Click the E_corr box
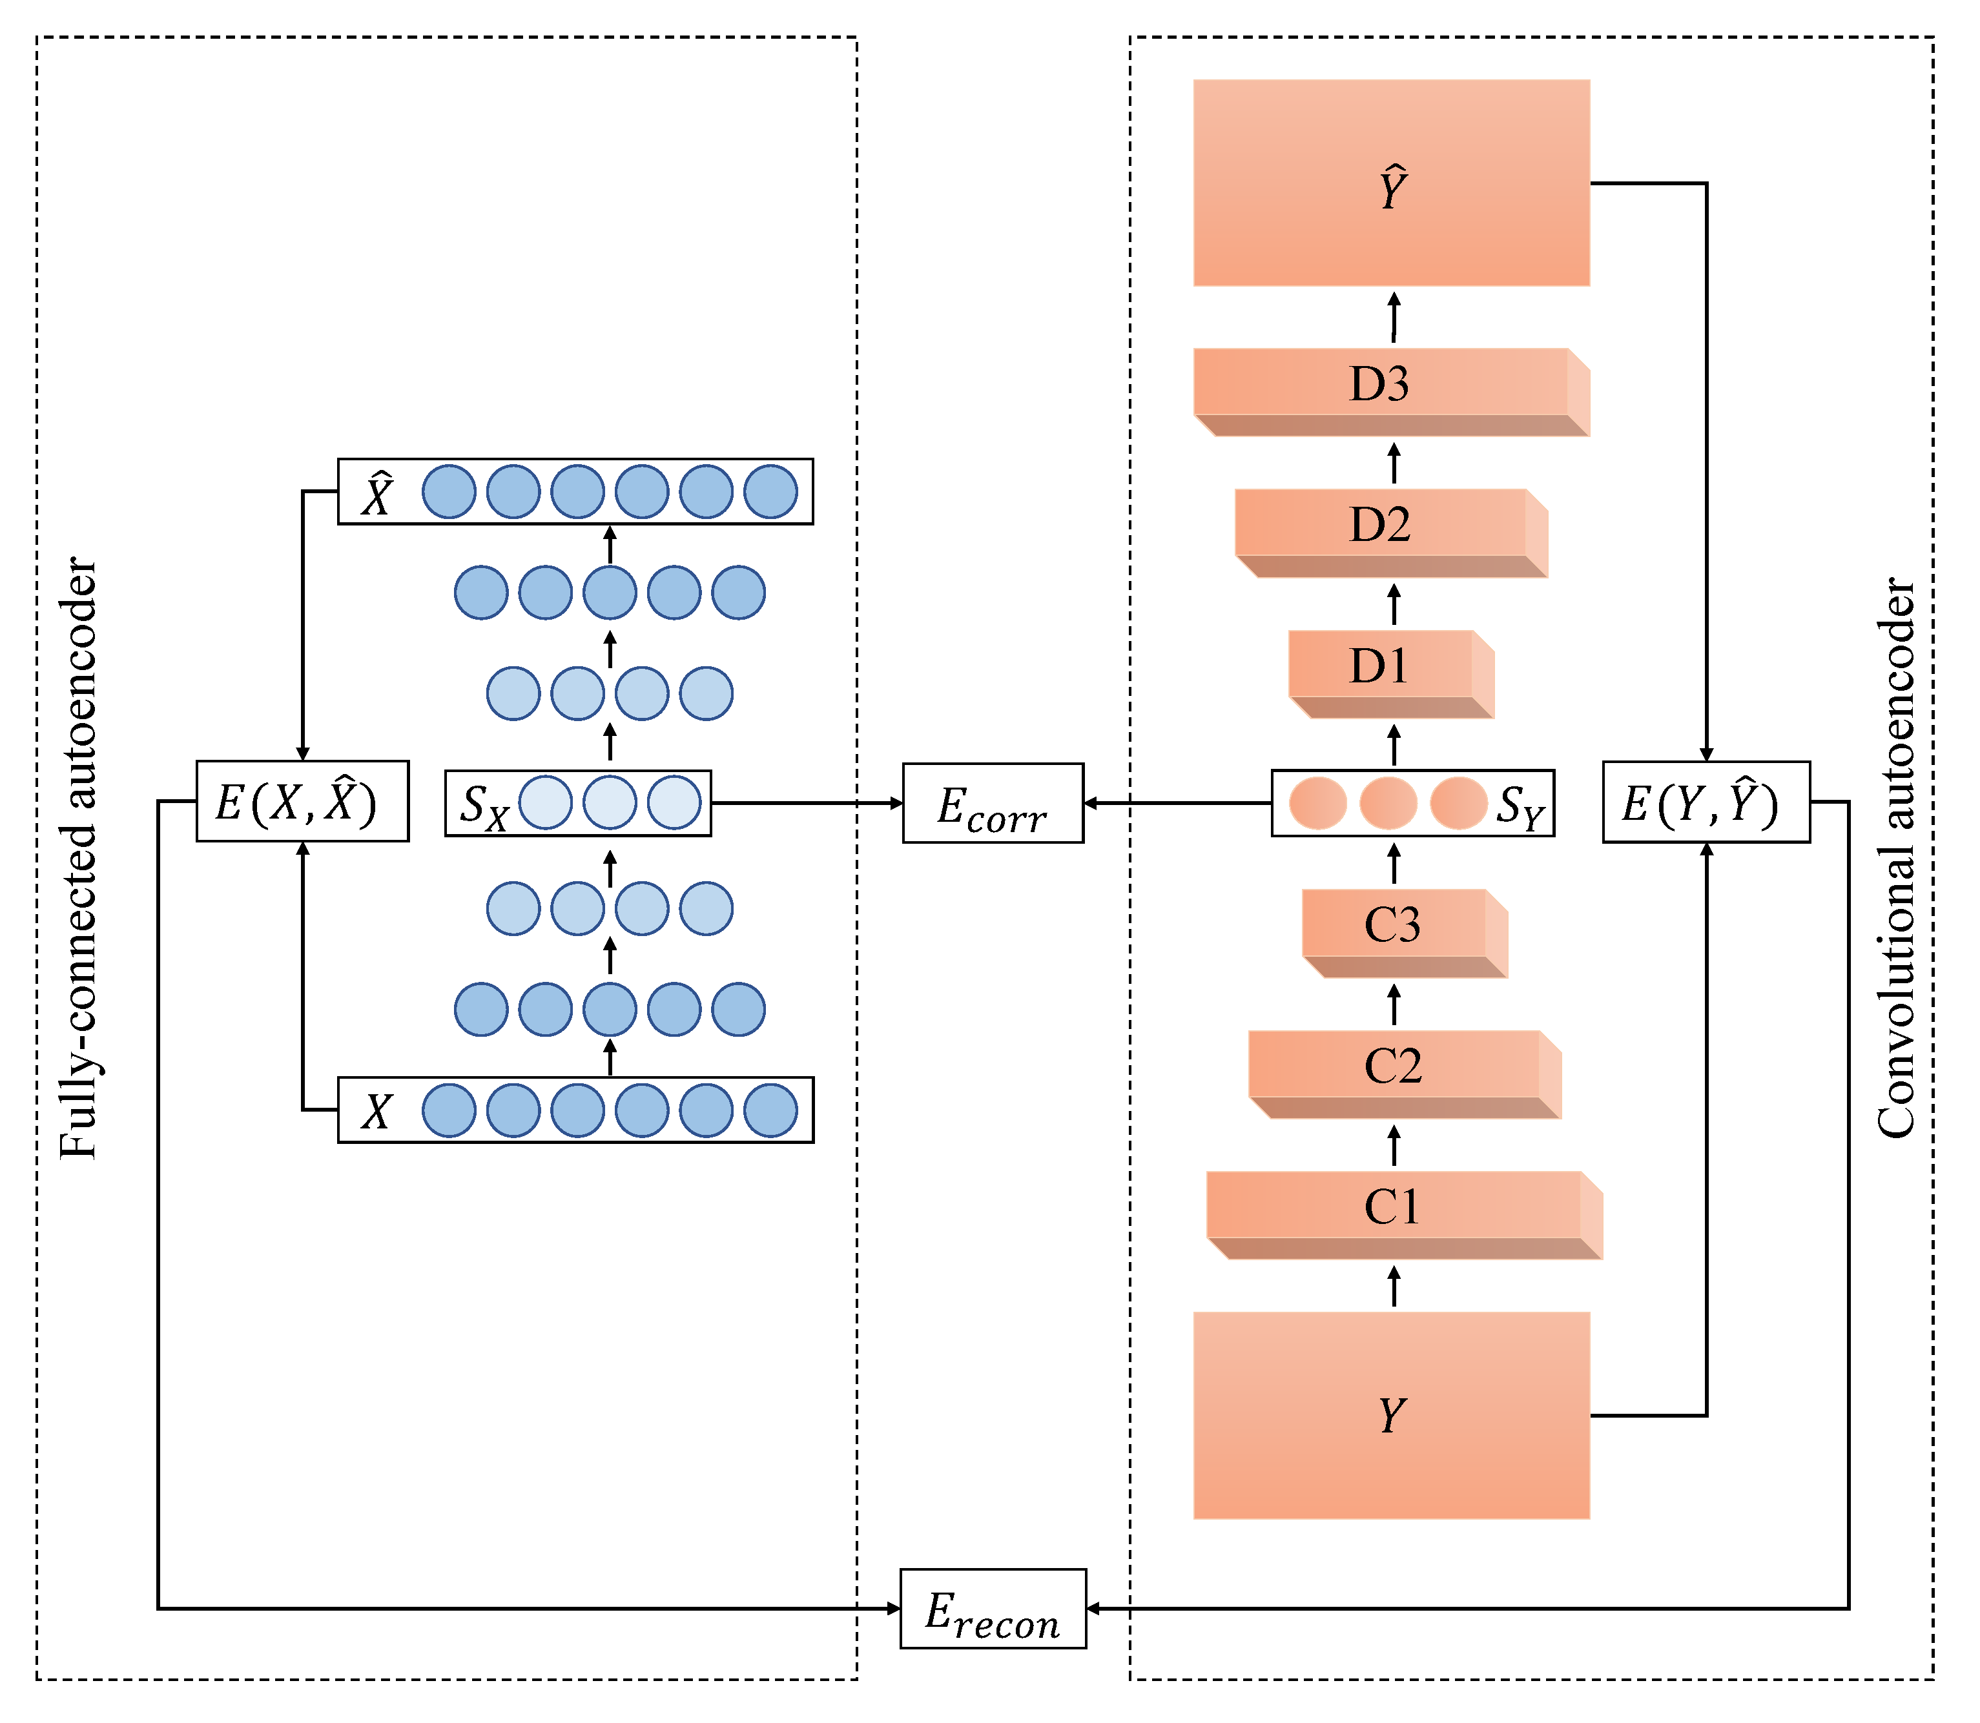[x=993, y=804]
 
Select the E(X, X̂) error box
[x=302, y=802]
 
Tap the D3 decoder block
[x=1380, y=385]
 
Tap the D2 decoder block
[x=1380, y=525]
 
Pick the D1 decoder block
[x=1380, y=666]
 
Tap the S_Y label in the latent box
[x=1520, y=806]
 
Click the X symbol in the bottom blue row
[x=377, y=1112]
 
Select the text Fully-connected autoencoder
[x=79, y=858]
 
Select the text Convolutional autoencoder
[x=1896, y=858]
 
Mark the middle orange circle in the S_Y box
[x=1388, y=804]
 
